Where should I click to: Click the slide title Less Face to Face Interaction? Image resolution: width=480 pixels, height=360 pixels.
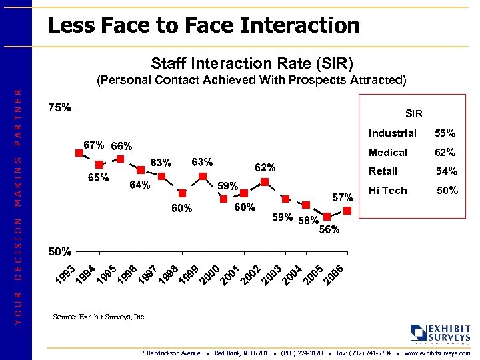pyautogui.click(x=204, y=26)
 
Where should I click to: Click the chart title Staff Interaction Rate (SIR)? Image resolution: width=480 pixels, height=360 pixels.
pyautogui.click(x=252, y=63)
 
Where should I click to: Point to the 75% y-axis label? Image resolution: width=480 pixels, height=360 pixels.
pyautogui.click(x=60, y=109)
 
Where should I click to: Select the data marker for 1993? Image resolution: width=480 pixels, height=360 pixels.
pyautogui.click(x=79, y=153)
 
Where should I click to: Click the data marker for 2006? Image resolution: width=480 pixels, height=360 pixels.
pyautogui.click(x=347, y=211)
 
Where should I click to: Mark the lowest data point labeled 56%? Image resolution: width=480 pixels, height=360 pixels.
pyautogui.click(x=327, y=216)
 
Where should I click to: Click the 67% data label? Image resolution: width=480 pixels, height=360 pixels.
pyautogui.click(x=93, y=145)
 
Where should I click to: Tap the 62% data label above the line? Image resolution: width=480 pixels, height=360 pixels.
pyautogui.click(x=265, y=167)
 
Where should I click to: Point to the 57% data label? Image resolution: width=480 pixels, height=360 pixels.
pyautogui.click(x=342, y=197)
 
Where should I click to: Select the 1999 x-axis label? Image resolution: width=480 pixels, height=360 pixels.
pyautogui.click(x=190, y=271)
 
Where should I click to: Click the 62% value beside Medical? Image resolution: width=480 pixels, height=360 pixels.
pyautogui.click(x=445, y=153)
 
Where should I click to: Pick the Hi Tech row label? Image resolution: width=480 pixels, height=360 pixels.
pyautogui.click(x=387, y=191)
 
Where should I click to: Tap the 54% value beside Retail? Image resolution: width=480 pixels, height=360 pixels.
pyautogui.click(x=446, y=171)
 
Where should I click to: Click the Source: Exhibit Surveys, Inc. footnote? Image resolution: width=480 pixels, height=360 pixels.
pyautogui.click(x=99, y=317)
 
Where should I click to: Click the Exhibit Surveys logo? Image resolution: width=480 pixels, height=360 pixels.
pyautogui.click(x=440, y=333)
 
